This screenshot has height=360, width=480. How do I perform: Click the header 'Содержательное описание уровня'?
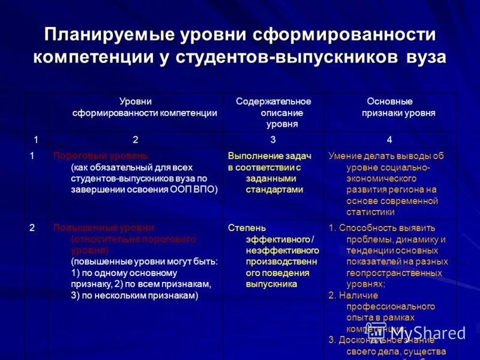(274, 113)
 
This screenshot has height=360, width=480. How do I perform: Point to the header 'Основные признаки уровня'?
(390, 107)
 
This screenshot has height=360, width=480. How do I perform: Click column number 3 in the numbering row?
(273, 140)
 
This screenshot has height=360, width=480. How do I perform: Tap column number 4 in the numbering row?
(389, 140)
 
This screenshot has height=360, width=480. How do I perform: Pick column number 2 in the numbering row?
(136, 140)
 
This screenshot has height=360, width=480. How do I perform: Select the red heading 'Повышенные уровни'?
(104, 228)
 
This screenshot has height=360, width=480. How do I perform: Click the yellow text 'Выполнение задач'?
(269, 156)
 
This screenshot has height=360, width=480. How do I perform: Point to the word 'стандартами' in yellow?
(274, 190)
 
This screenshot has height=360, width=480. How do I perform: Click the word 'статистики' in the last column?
(370, 212)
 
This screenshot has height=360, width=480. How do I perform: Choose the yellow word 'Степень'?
(247, 228)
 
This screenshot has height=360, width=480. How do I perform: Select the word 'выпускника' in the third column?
(271, 284)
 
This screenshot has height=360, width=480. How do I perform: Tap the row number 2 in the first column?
(32, 228)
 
